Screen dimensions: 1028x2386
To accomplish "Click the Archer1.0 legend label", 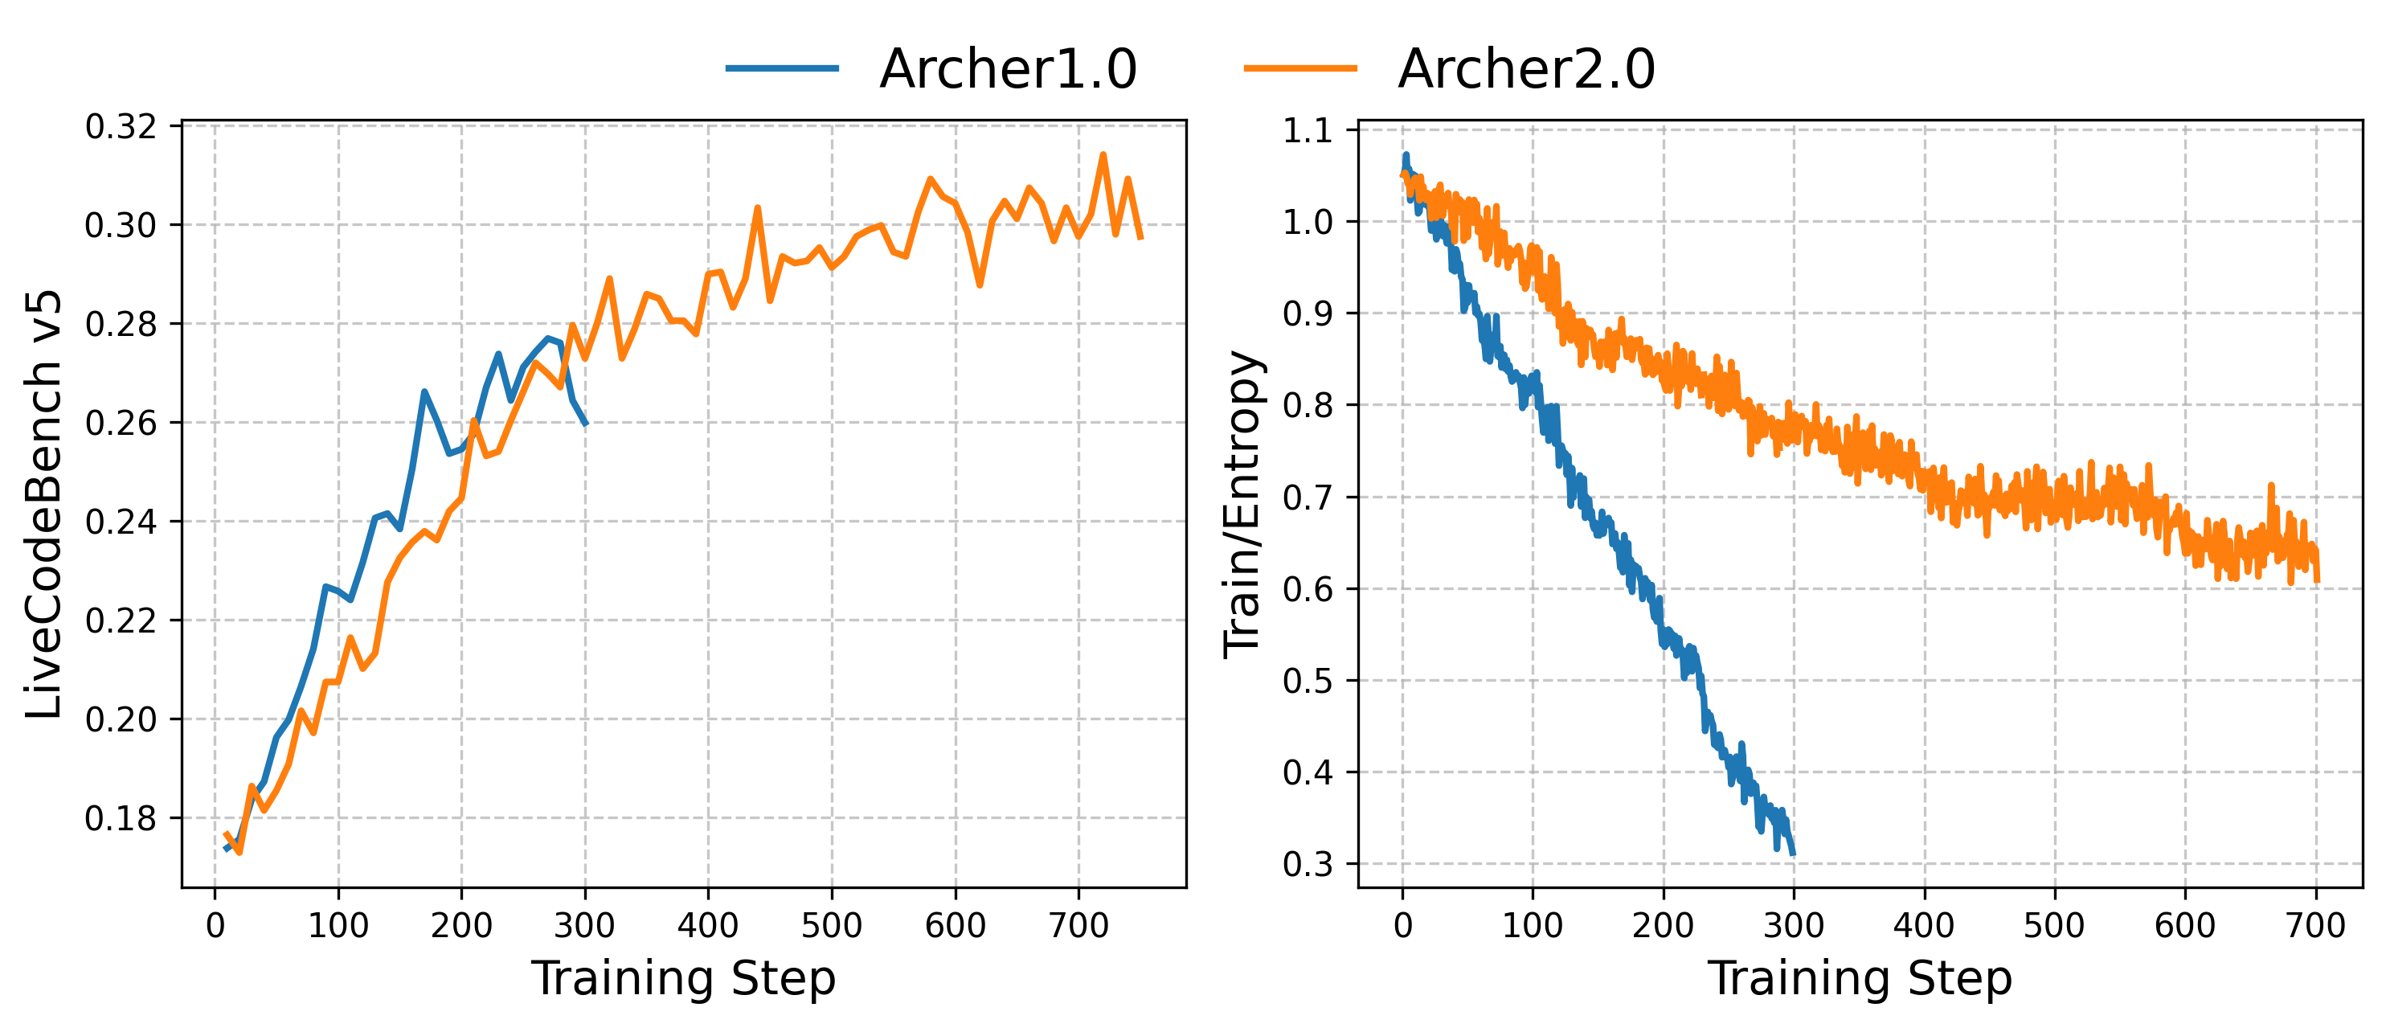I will [x=1008, y=68].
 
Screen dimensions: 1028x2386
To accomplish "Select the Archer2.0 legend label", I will [x=1525, y=68].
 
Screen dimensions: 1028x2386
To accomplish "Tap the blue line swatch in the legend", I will [x=782, y=68].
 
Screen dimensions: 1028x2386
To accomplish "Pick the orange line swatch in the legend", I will [x=1300, y=68].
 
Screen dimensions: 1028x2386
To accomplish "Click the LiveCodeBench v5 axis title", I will [x=43, y=504].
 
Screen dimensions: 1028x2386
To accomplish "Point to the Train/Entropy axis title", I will [x=1243, y=504].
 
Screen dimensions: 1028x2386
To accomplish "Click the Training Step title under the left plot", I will [x=684, y=978].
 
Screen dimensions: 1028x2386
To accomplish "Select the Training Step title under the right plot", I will [x=1860, y=978].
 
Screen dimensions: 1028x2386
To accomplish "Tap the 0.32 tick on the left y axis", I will [x=121, y=127].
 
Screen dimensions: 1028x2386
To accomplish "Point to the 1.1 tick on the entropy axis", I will [x=1307, y=130].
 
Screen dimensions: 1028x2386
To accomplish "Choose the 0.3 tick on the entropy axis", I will [x=1307, y=864].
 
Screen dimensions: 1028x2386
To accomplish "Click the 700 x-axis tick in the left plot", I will [x=1078, y=925].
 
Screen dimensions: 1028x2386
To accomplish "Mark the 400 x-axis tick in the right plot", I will [x=1925, y=925].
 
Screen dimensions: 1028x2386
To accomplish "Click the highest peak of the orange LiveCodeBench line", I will [x=1103, y=154].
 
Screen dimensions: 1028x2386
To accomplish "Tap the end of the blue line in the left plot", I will [x=585, y=424].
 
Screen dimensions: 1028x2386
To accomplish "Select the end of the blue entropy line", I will [x=1793, y=853].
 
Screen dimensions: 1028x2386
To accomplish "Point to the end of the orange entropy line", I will [x=2318, y=580].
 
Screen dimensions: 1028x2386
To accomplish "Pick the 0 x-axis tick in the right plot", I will [x=1402, y=925].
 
